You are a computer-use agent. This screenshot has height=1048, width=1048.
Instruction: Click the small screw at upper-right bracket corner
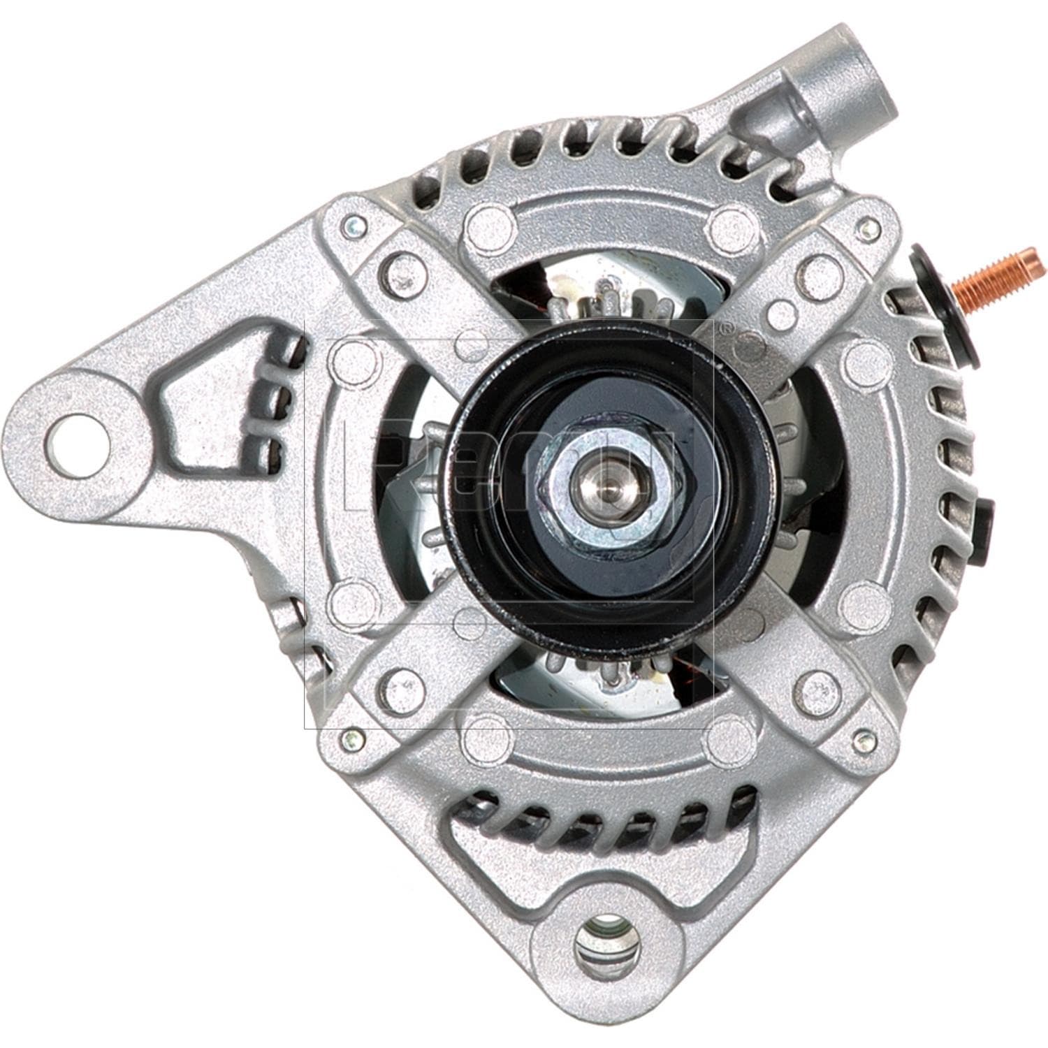[x=867, y=226]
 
